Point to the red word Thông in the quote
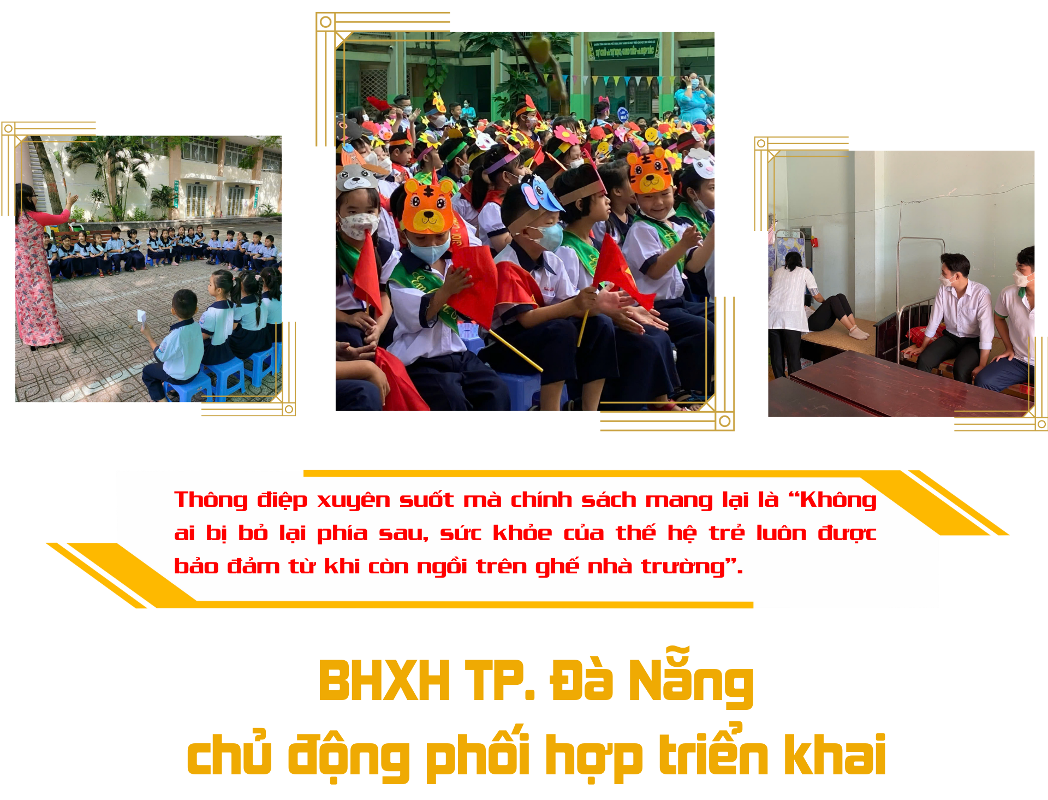pyautogui.click(x=211, y=500)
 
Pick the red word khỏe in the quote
pyautogui.click(x=522, y=532)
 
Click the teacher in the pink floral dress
pyautogui.click(x=38, y=268)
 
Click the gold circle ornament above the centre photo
pyautogui.click(x=326, y=22)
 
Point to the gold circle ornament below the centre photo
pyautogui.click(x=725, y=421)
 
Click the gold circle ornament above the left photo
pyautogui.click(x=8, y=129)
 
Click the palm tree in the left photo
pyautogui.click(x=112, y=175)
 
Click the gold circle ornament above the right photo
pyautogui.click(x=761, y=144)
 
